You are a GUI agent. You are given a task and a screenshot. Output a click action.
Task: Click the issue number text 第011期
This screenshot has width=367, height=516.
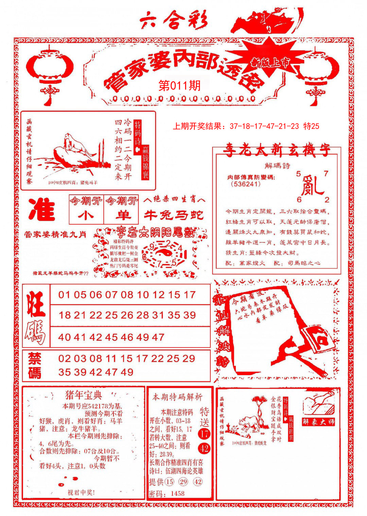179,85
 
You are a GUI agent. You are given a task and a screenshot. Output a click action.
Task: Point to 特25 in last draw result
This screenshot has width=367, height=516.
311,126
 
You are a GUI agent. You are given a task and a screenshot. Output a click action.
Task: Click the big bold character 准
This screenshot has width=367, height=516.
42,209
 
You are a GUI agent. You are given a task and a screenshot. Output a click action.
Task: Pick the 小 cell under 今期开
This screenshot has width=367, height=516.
86,215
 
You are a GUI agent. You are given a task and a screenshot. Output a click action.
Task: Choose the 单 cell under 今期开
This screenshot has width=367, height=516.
121,215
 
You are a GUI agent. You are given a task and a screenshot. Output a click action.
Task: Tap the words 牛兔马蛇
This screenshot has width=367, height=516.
174,215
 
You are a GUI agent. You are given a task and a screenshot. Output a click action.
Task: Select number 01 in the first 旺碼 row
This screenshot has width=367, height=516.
64,295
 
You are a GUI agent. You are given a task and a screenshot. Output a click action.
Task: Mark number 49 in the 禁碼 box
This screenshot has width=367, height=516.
126,372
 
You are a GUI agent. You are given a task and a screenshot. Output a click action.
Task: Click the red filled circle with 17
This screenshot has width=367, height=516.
204,434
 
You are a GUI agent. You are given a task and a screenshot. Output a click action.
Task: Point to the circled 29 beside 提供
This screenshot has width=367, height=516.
183,482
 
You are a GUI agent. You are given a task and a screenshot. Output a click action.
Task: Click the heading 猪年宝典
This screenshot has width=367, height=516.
84,395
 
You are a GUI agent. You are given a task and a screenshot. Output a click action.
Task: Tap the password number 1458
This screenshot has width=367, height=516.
177,494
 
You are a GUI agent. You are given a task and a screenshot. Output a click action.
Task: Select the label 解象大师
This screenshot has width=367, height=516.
318,422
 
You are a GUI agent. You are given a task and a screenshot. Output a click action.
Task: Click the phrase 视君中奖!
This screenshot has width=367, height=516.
81,492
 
